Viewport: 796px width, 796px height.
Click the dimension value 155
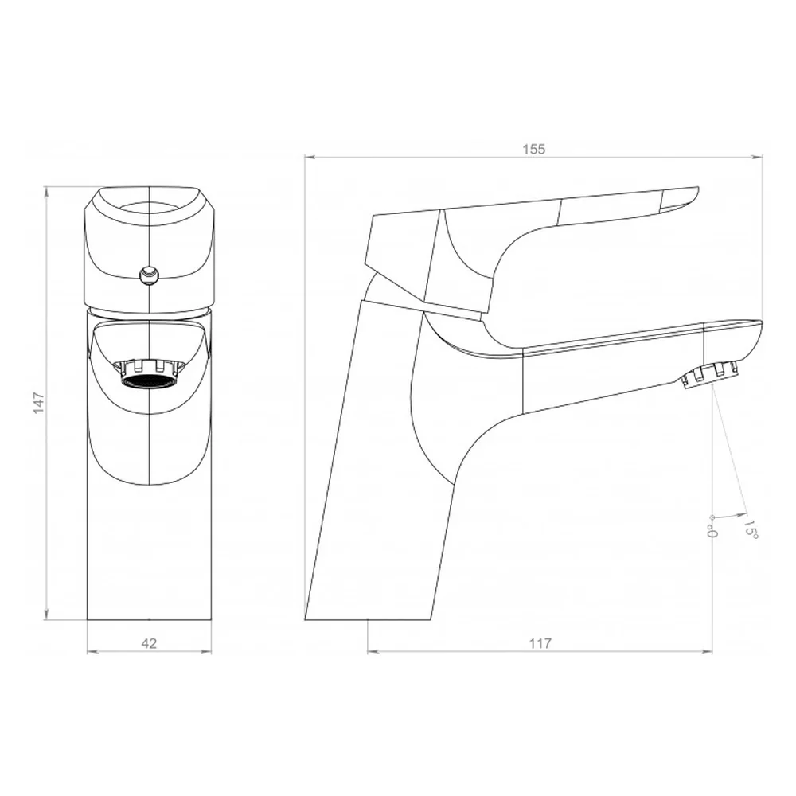point(533,150)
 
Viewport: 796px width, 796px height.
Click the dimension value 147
point(39,403)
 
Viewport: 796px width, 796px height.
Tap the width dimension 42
point(149,644)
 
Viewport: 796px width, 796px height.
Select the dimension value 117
point(540,644)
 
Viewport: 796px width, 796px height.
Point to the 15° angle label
point(751,529)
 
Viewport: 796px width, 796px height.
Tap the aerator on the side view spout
point(710,375)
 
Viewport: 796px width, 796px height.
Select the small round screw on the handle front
point(149,275)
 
